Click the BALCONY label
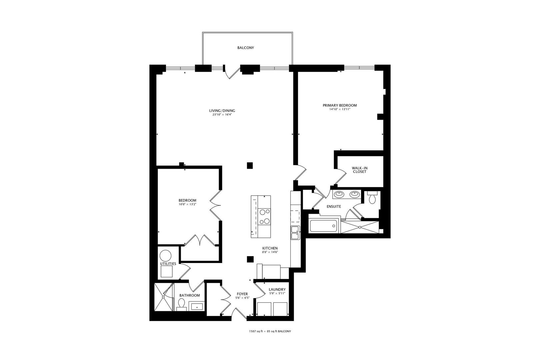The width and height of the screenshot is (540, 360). point(245,48)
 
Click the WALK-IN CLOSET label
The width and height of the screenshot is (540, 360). point(359,170)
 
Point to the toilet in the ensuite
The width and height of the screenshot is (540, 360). point(372,198)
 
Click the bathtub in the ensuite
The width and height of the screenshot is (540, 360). point(324,226)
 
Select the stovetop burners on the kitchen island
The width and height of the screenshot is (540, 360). point(265,216)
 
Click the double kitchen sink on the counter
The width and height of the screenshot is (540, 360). point(295,233)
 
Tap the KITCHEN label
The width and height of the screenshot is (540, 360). point(270,248)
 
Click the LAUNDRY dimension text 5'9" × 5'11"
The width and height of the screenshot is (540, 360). point(277,294)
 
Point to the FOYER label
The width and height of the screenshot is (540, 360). point(242,294)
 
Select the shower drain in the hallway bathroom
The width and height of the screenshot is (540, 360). point(163,297)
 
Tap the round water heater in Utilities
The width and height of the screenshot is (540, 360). point(165,256)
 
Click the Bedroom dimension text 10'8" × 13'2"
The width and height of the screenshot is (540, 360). point(187,204)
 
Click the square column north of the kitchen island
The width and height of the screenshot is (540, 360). point(250,165)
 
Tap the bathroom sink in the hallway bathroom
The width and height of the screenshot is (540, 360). point(197,306)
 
